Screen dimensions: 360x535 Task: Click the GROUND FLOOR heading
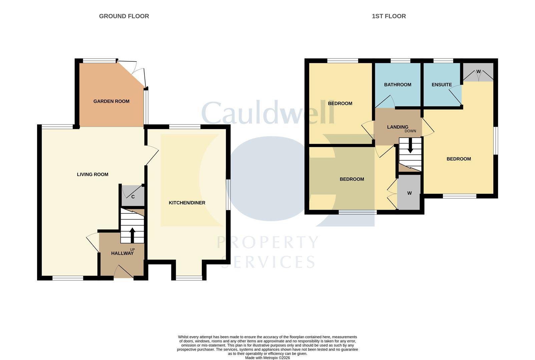124,16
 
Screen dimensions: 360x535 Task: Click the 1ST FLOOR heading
389,16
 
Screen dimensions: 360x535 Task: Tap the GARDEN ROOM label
111,101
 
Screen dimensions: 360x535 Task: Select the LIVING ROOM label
92,174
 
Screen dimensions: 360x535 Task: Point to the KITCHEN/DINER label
187,203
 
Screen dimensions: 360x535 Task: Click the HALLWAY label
122,253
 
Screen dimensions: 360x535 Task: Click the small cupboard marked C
133,197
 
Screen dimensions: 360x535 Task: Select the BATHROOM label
398,85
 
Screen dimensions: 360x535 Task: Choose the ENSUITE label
442,85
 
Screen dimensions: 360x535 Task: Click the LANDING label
398,127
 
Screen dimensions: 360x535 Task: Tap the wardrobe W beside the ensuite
478,72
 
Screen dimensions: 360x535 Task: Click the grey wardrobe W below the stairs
409,193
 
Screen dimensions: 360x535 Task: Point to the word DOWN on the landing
410,131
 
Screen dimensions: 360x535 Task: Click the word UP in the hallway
132,249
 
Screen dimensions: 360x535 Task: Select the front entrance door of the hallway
123,272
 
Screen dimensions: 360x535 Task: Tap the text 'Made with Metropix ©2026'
267,358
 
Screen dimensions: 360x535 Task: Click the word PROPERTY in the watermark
267,242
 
